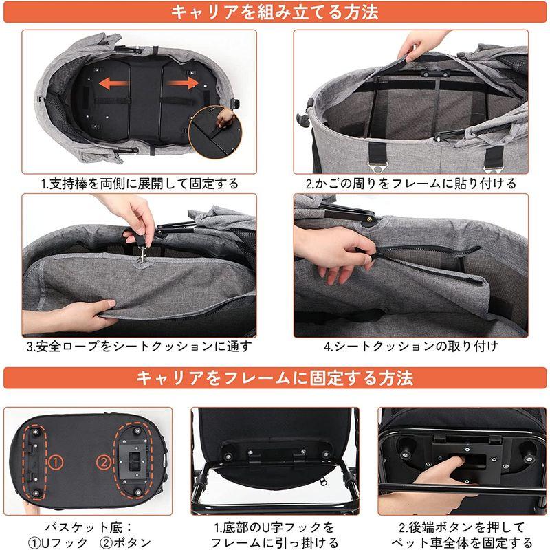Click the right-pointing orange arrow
pyautogui.click(x=182, y=83)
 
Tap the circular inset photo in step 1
pyautogui.click(x=215, y=131)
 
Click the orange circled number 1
pyautogui.click(x=56, y=463)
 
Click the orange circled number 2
pyautogui.click(x=104, y=463)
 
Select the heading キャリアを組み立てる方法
pyautogui.click(x=274, y=12)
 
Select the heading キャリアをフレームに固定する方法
pyautogui.click(x=274, y=377)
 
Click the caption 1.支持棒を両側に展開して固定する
pyautogui.click(x=140, y=184)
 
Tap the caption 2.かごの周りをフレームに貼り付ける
pyautogui.click(x=410, y=184)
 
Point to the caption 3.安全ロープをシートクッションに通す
pyautogui.click(x=140, y=346)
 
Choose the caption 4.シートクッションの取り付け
pyautogui.click(x=410, y=346)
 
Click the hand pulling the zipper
pyautogui.click(x=330, y=252)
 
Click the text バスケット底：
pyautogui.click(x=89, y=527)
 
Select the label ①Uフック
pyautogui.click(x=58, y=542)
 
